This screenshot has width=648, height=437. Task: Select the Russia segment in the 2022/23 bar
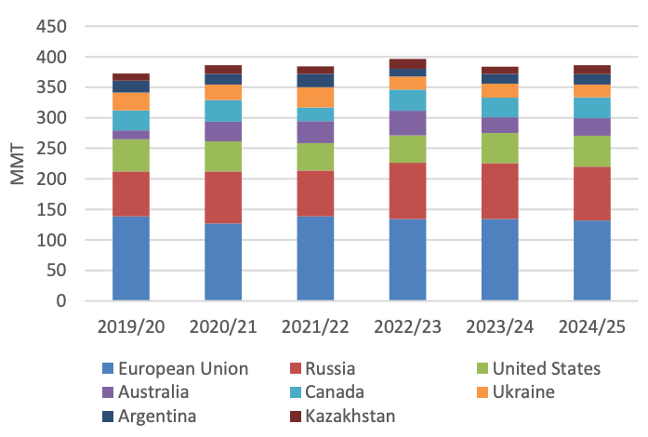click(x=407, y=191)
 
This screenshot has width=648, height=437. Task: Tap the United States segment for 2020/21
click(x=223, y=156)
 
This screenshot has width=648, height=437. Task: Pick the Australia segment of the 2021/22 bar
click(x=315, y=132)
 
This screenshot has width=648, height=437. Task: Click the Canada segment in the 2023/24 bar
click(x=499, y=107)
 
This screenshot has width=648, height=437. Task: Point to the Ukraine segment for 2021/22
click(x=315, y=97)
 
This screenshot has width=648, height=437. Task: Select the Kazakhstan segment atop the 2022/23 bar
click(x=407, y=63)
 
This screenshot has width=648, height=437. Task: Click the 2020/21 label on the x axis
click(x=223, y=326)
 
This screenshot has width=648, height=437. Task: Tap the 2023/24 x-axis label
click(x=499, y=326)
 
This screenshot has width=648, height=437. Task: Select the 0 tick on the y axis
click(x=62, y=301)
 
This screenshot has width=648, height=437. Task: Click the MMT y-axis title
click(x=18, y=163)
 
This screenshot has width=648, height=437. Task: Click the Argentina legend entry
click(x=154, y=416)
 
